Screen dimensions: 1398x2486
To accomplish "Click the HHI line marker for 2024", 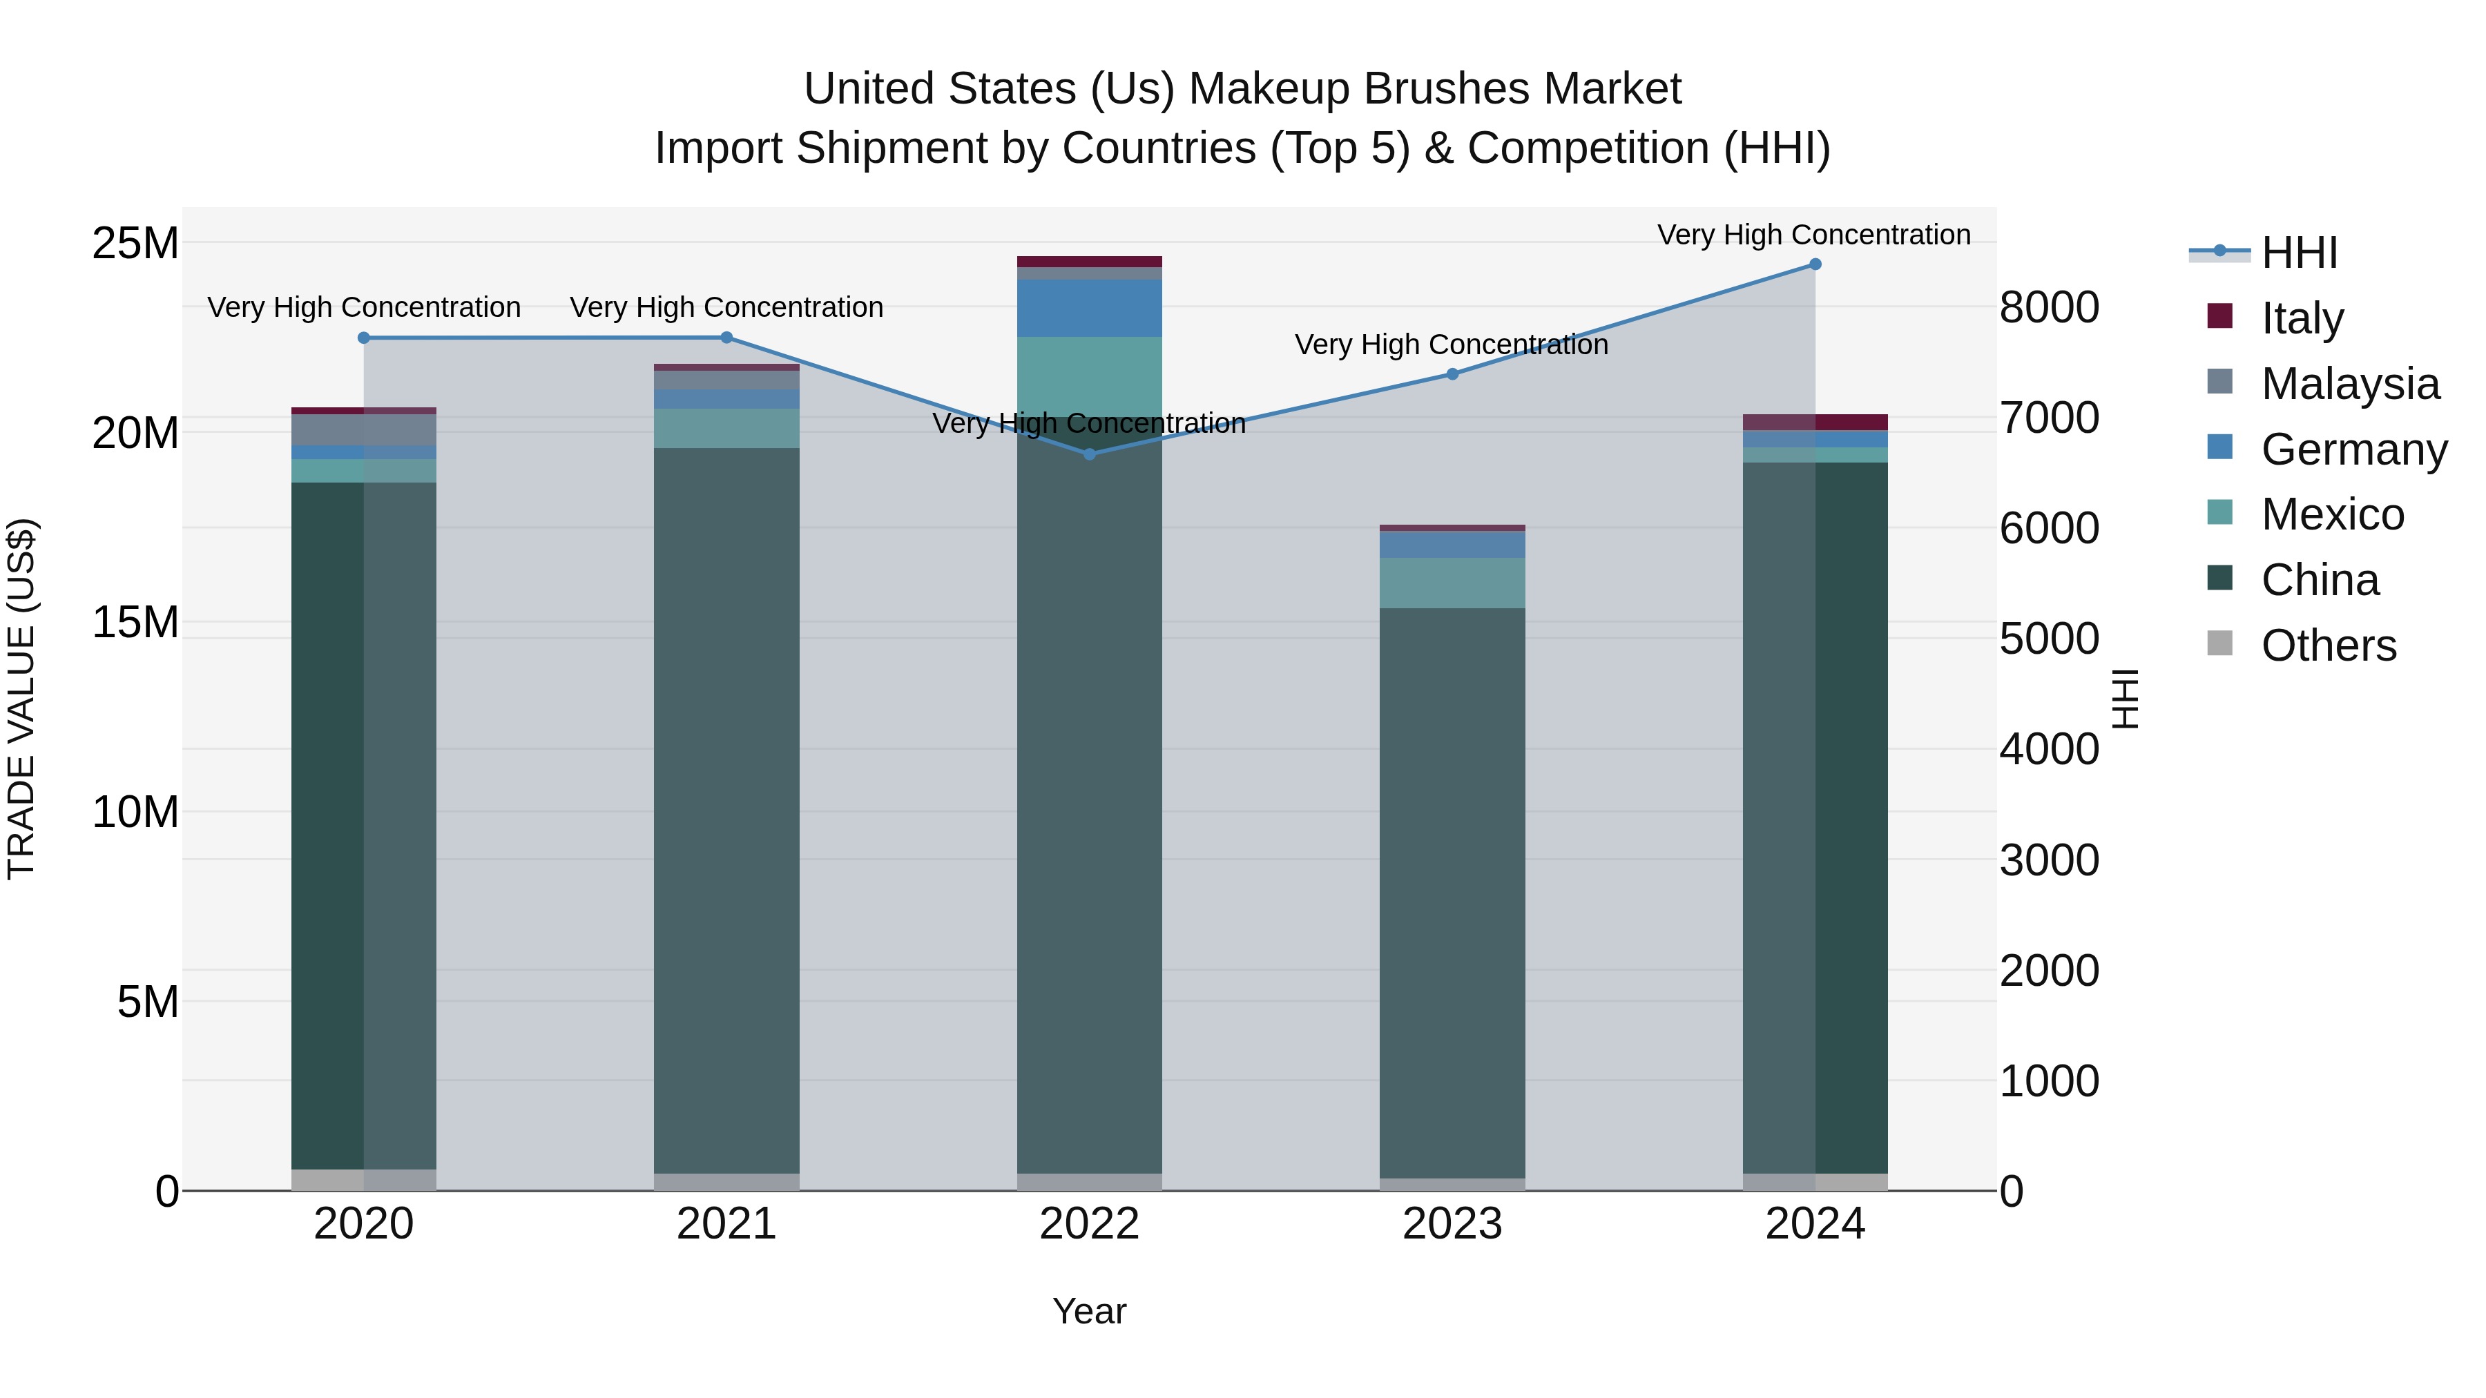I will point(1814,264).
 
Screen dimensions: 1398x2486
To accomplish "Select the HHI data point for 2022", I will point(1090,454).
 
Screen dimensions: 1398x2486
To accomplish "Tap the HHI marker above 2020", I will point(364,338).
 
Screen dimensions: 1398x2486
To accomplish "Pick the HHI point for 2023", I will point(1452,373).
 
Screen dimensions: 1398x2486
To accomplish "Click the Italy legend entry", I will point(2302,318).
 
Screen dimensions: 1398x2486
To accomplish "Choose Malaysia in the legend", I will point(2349,383).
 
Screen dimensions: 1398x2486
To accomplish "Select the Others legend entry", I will point(2328,645).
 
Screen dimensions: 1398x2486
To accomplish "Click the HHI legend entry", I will point(2299,253).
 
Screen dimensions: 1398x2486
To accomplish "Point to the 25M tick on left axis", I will point(135,243).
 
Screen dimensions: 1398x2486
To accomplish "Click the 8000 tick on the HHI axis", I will point(2049,308).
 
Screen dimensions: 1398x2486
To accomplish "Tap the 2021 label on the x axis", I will point(726,1224).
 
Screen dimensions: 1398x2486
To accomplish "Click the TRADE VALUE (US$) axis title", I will point(21,699).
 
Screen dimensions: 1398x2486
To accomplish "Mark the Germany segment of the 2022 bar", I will point(1090,308).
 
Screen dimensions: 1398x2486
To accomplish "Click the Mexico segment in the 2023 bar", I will point(1452,583).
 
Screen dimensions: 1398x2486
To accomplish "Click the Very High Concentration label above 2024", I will point(1813,235).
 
